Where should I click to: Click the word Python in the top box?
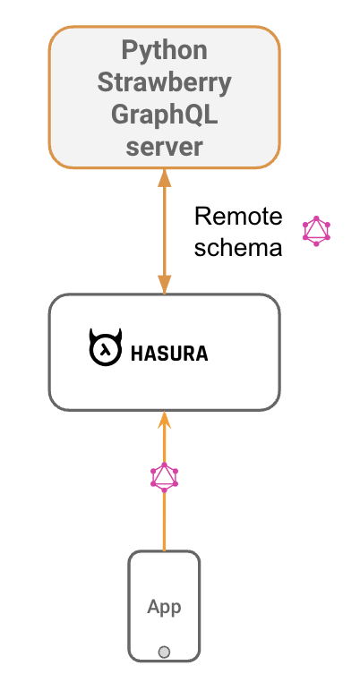coord(164,49)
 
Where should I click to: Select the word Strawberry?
coord(164,82)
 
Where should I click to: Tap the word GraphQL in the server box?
coord(164,115)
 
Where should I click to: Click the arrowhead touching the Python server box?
coord(164,177)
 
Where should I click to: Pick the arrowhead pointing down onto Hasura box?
coord(164,286)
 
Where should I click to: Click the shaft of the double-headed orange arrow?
coord(164,231)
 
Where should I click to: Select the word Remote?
coord(238,217)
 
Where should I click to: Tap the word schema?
coord(238,247)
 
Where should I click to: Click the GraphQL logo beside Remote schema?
coord(316,231)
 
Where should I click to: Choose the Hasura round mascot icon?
coord(106,350)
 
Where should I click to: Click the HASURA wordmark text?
coord(169,354)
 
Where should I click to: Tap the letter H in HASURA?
coord(137,354)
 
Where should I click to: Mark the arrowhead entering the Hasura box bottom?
coord(164,419)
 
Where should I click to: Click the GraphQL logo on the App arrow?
coord(164,477)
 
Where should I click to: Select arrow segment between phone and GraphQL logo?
coord(164,524)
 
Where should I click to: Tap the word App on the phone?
coord(164,607)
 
